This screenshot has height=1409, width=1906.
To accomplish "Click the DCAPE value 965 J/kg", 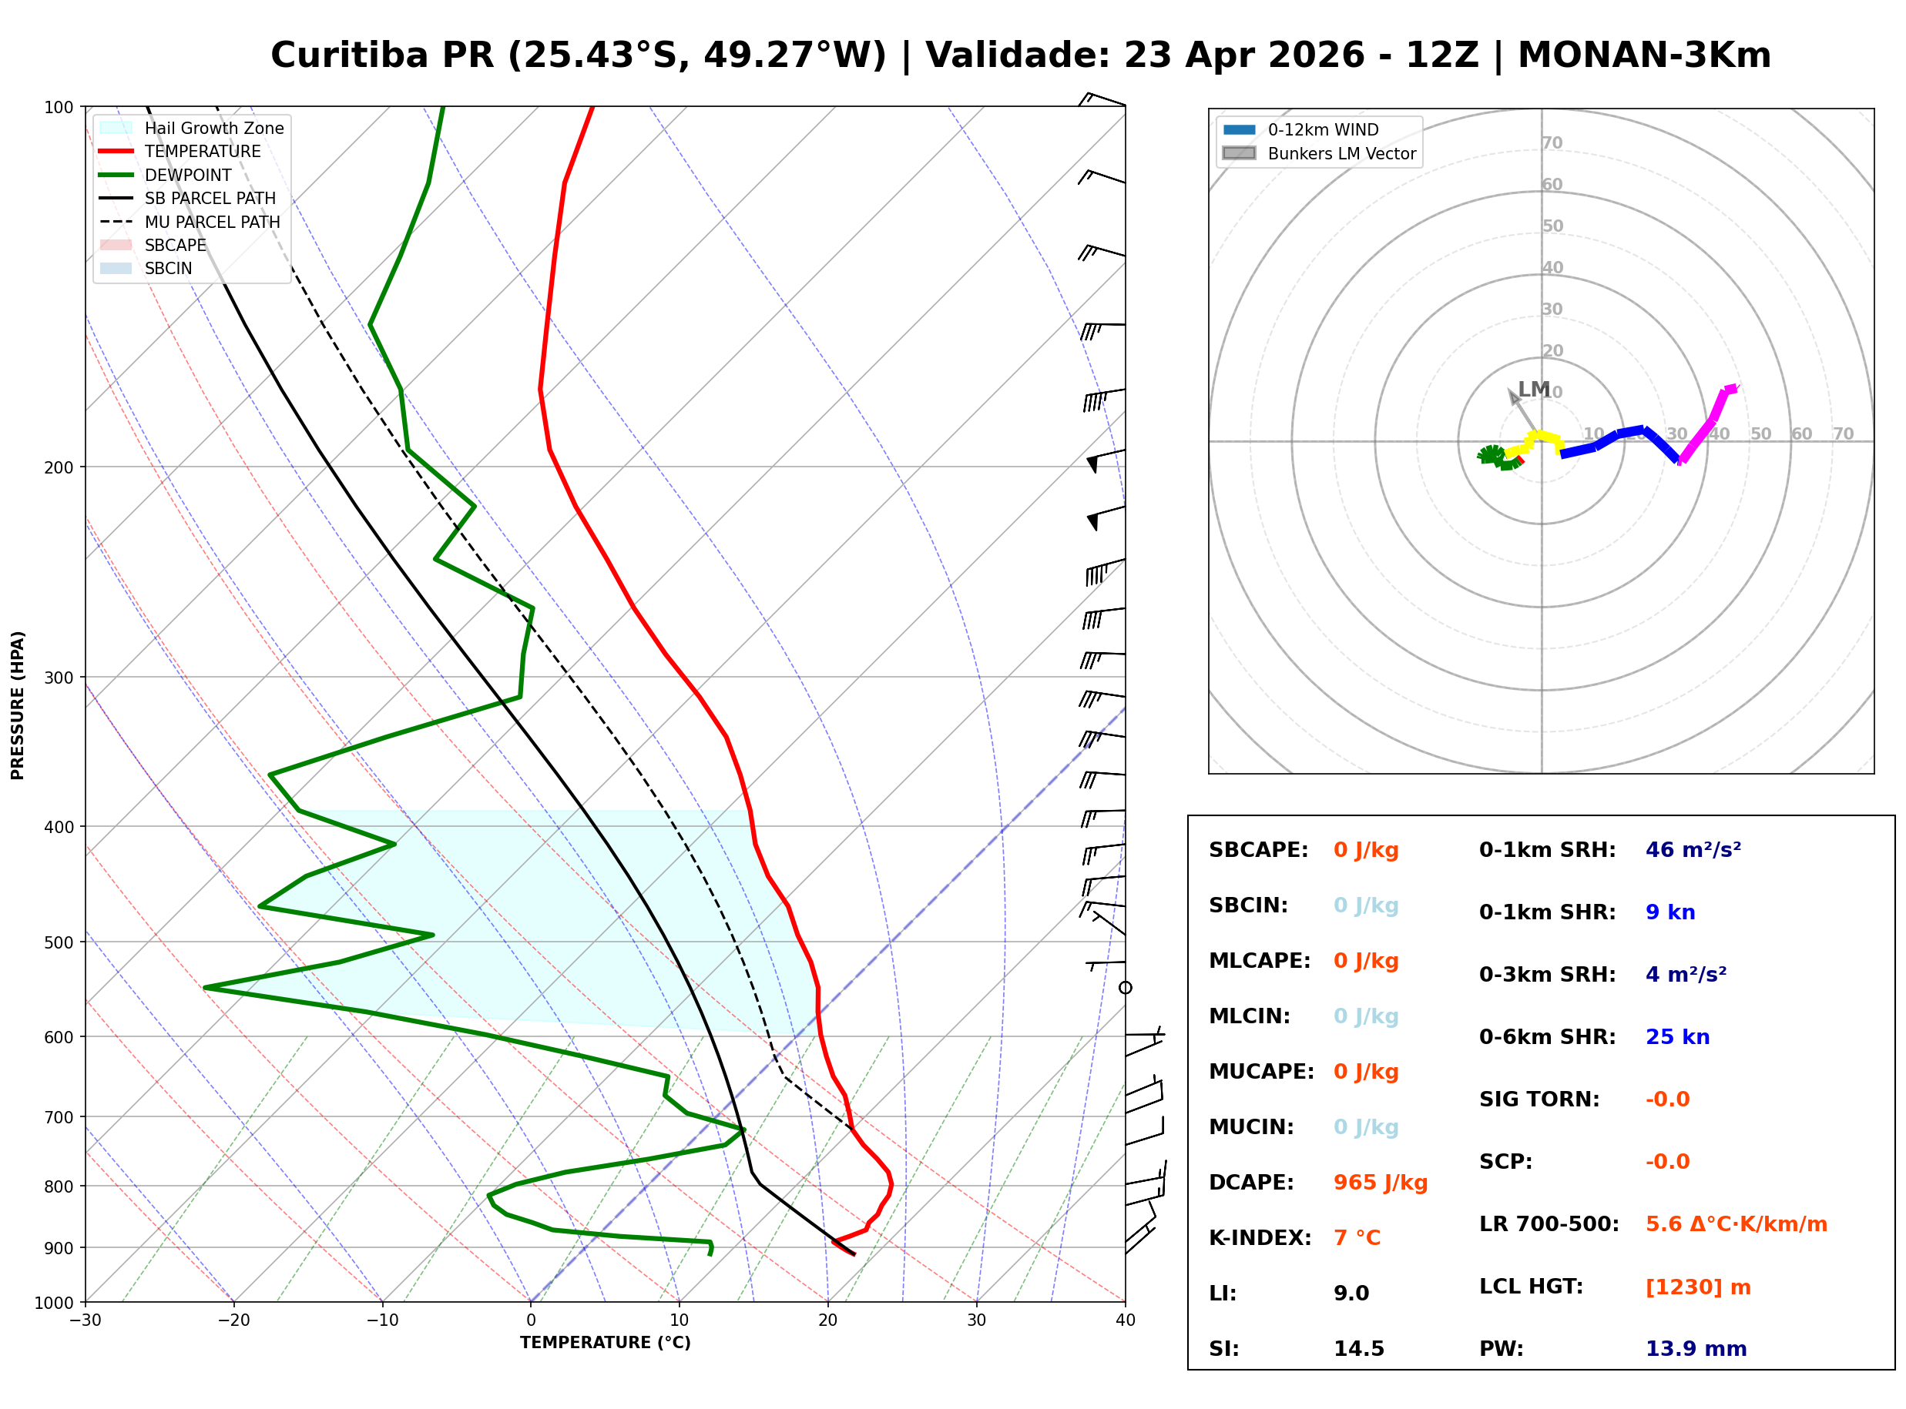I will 1380,1182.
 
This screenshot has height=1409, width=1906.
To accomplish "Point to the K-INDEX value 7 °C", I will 1357,1237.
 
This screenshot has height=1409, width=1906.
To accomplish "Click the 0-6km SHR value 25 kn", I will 1676,1036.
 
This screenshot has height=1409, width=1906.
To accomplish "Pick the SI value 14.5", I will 1358,1348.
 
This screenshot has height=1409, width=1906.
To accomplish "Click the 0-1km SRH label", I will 1547,849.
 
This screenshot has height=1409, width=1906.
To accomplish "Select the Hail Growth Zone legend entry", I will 213,128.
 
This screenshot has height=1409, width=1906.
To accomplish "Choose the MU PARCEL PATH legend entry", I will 212,222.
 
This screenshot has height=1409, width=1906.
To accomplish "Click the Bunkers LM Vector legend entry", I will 1341,153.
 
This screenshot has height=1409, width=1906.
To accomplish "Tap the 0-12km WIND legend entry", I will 1323,129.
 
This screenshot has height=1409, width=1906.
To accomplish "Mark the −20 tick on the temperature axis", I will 233,1320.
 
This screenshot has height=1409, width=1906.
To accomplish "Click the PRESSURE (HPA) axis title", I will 18,704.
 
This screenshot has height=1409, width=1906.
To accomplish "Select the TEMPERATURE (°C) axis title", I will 605,1343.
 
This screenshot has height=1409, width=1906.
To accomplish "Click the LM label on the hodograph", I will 1533,389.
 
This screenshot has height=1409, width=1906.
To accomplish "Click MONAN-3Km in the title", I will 1644,55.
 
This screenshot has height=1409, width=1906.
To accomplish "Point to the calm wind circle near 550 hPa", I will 1125,988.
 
